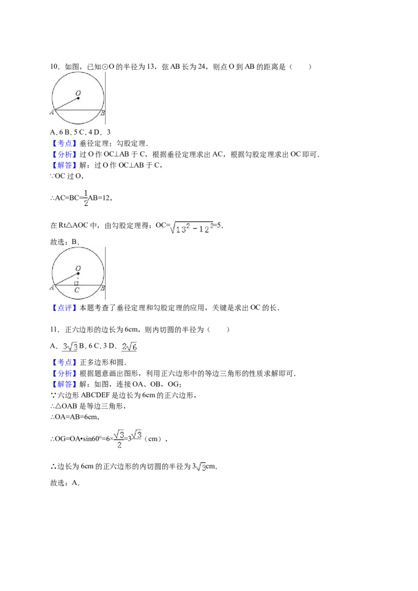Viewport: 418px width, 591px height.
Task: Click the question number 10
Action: click(54, 67)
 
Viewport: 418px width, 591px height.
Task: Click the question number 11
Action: click(54, 330)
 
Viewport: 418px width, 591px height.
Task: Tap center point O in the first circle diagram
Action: click(78, 98)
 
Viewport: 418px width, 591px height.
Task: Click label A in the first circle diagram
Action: click(52, 112)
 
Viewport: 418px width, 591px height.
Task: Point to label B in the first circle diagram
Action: click(102, 113)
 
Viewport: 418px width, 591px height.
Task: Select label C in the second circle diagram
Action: click(77, 290)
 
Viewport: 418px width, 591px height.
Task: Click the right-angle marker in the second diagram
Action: click(76, 283)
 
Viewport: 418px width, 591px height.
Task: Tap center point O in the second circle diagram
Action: click(78, 274)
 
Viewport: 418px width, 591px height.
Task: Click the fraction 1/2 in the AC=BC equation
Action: click(86, 198)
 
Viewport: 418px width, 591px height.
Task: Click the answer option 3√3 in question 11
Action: click(71, 346)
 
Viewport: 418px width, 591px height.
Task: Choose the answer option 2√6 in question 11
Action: click(130, 346)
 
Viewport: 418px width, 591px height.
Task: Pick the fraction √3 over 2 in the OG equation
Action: click(119, 439)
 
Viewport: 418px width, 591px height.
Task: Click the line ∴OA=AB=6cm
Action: click(75, 417)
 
